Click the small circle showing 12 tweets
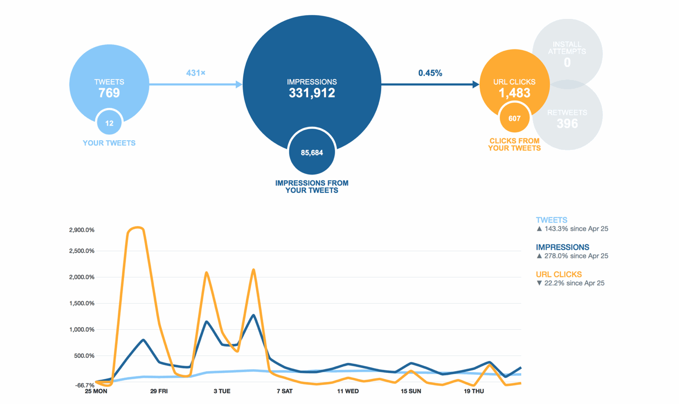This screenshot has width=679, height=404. pyautogui.click(x=109, y=124)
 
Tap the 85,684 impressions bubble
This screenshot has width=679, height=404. pyautogui.click(x=312, y=153)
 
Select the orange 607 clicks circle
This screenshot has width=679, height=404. pyautogui.click(x=515, y=118)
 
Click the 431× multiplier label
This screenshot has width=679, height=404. pyautogui.click(x=196, y=73)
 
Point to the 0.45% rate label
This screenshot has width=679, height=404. pyautogui.click(x=430, y=73)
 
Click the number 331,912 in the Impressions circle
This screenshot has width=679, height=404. pyautogui.click(x=312, y=93)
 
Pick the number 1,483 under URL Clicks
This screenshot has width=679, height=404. pyautogui.click(x=515, y=93)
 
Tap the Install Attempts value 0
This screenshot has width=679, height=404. pyautogui.click(x=567, y=63)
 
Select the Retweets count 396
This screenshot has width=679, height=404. pyautogui.click(x=567, y=124)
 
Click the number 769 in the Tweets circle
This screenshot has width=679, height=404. pyautogui.click(x=109, y=93)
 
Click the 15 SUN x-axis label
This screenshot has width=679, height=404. pyautogui.click(x=411, y=391)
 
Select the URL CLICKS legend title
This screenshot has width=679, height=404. pyautogui.click(x=559, y=275)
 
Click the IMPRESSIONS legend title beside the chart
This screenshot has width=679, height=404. pyautogui.click(x=563, y=247)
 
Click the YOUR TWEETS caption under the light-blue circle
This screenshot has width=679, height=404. pyautogui.click(x=109, y=143)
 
